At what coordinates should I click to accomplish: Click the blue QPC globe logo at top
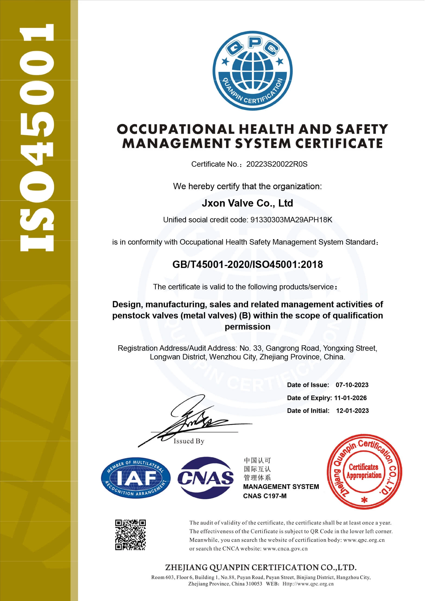[252, 71]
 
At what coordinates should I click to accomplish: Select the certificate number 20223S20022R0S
[277, 164]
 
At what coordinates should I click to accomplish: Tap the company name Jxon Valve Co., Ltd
[247, 203]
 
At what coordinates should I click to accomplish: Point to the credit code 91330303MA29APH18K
[291, 220]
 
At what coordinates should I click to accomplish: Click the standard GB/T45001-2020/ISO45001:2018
[248, 264]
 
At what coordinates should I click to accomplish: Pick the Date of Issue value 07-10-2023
[352, 385]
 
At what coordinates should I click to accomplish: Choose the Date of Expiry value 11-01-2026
[350, 398]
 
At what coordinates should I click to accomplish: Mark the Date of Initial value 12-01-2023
[352, 411]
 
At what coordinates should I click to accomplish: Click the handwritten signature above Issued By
[190, 420]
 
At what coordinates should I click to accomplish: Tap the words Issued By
[189, 441]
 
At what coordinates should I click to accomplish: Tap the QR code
[130, 535]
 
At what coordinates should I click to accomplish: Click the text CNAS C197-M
[265, 496]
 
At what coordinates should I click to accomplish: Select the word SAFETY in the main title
[362, 129]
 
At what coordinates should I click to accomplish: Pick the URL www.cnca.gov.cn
[285, 549]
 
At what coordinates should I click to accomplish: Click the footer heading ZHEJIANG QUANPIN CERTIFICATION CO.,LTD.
[261, 567]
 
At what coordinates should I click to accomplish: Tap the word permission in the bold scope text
[247, 327]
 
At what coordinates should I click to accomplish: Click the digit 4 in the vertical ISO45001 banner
[37, 152]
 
